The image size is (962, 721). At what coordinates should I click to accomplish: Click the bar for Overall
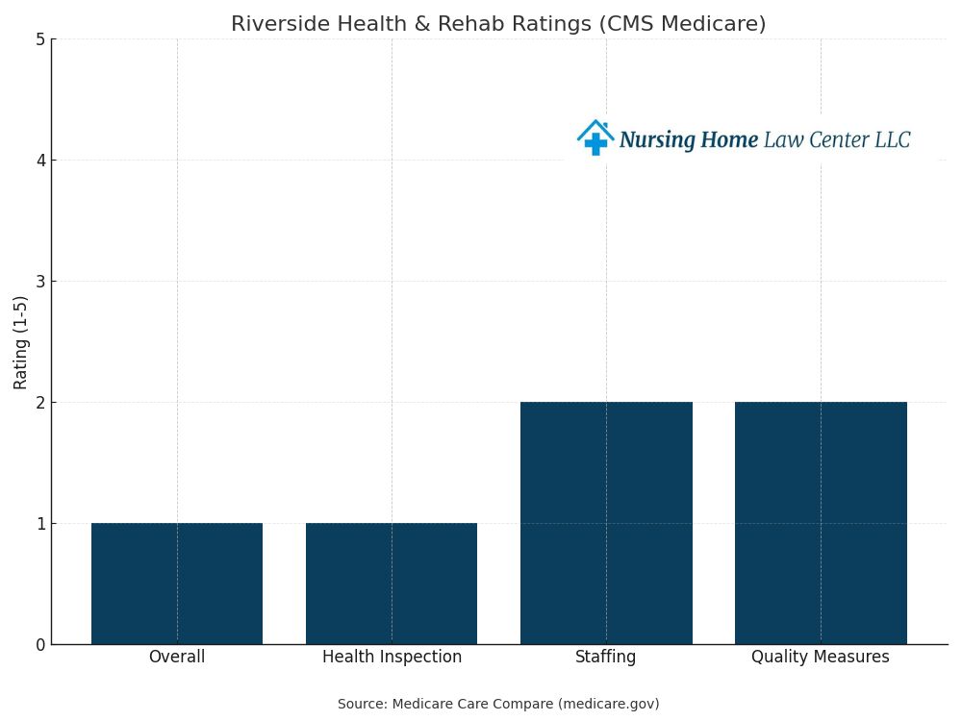(177, 584)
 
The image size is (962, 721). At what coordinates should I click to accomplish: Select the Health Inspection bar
(392, 584)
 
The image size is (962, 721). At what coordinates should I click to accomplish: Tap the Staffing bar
(606, 523)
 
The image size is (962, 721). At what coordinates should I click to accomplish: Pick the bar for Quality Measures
(821, 523)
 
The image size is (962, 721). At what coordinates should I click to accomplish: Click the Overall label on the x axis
(177, 658)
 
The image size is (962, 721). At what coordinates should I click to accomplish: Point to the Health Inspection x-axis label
(392, 658)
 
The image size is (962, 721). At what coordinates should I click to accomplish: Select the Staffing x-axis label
(606, 658)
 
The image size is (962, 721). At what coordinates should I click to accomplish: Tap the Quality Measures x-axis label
(821, 658)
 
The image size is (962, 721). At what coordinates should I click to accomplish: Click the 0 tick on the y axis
(40, 645)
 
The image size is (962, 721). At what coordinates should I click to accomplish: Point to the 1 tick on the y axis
(40, 524)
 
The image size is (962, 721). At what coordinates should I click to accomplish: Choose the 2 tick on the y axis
(40, 403)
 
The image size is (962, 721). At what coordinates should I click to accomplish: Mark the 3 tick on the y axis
(40, 282)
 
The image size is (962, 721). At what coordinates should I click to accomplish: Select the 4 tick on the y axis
(40, 161)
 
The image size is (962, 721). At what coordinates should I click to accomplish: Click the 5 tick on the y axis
(40, 39)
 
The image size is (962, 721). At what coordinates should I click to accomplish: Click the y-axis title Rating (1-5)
(21, 342)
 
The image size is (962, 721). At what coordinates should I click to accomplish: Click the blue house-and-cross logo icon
(595, 138)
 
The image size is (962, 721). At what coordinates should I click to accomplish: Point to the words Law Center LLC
(837, 140)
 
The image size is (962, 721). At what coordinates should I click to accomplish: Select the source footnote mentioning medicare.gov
(498, 705)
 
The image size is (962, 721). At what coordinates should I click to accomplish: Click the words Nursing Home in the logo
(689, 140)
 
